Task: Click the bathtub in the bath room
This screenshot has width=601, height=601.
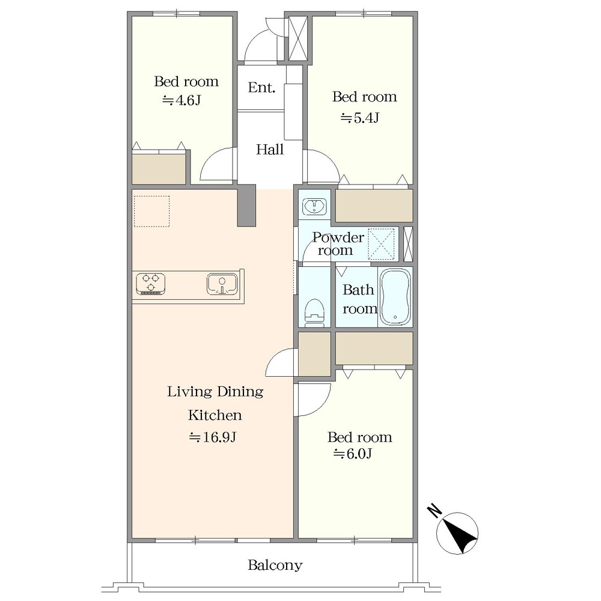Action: [395, 297]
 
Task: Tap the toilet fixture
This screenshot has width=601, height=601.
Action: [314, 313]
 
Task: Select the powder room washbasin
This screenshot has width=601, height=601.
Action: [314, 207]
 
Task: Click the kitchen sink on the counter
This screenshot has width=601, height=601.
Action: [222, 284]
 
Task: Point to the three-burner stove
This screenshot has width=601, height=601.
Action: [151, 284]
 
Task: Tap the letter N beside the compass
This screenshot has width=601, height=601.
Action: [435, 510]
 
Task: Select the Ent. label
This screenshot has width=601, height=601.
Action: [261, 87]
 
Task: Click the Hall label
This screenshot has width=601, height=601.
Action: [270, 149]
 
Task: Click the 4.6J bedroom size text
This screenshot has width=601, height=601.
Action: [182, 100]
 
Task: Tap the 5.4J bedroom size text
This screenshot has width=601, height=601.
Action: [359, 118]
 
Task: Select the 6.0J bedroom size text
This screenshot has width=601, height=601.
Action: [353, 454]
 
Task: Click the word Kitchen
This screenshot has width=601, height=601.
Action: [215, 415]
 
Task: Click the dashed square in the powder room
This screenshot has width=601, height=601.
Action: [381, 244]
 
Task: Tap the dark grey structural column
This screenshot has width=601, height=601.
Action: [246, 206]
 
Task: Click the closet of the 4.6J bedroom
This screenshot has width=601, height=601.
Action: [159, 169]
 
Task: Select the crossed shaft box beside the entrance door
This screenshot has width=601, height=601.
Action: [298, 38]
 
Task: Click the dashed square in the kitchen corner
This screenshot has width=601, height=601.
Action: [152, 211]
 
